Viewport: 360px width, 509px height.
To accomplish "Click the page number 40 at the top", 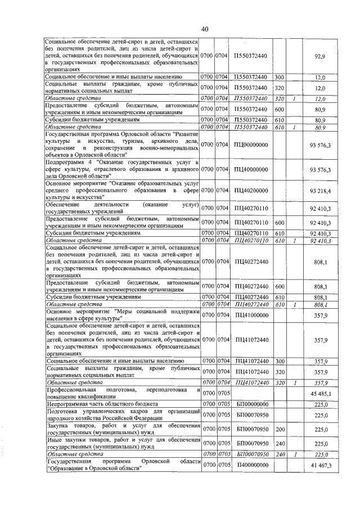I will [x=204, y=29].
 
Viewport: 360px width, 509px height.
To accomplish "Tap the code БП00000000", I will [x=250, y=404].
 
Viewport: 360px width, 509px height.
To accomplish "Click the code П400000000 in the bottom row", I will [x=250, y=466].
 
